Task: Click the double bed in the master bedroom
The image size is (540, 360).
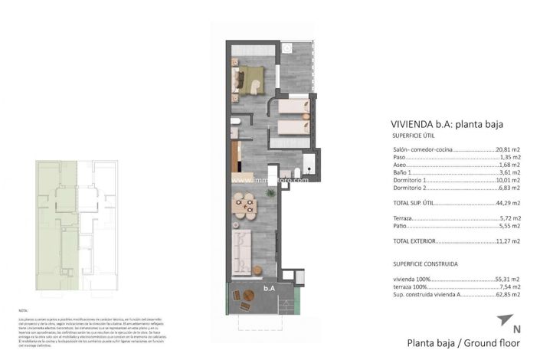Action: pyautogui.click(x=249, y=77)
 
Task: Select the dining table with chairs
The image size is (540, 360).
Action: pyautogui.click(x=245, y=205)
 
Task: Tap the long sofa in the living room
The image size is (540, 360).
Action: pyautogui.click(x=242, y=250)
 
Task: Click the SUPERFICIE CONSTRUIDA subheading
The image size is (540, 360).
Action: pyautogui.click(x=420, y=263)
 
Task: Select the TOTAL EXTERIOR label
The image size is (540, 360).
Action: pyautogui.click(x=407, y=241)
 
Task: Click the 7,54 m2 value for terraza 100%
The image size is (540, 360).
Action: pyautogui.click(x=509, y=286)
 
